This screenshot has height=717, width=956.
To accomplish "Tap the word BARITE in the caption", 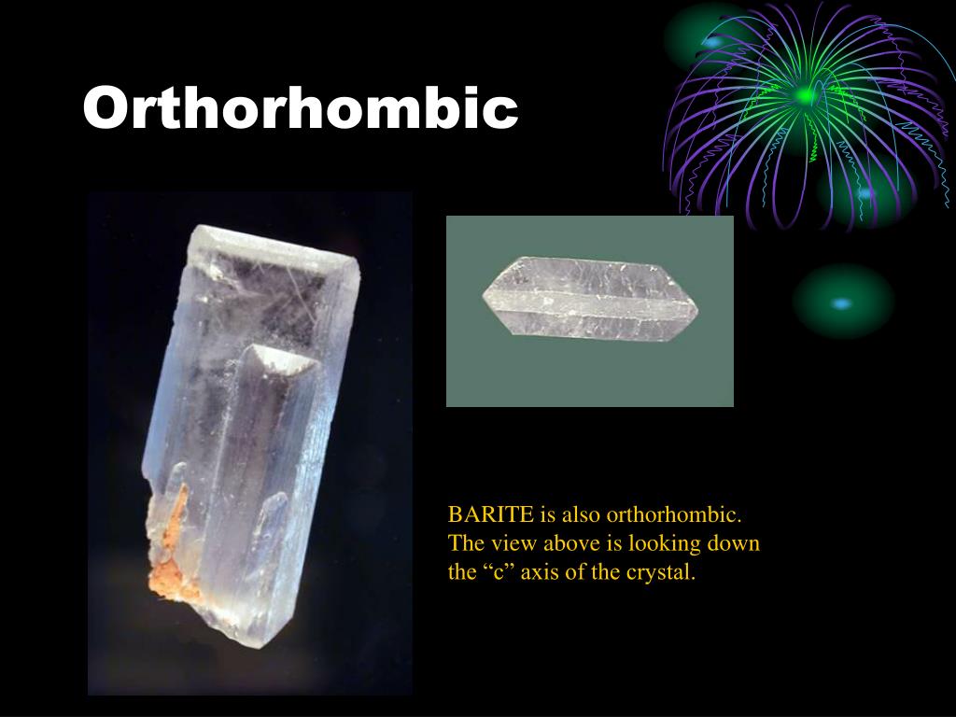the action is [491, 514].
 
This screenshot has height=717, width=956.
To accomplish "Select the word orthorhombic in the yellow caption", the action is [674, 514].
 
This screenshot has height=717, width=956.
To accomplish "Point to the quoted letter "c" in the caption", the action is [500, 572].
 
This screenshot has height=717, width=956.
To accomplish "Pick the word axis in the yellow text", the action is [539, 572].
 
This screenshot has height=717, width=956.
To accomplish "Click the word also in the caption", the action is [580, 514].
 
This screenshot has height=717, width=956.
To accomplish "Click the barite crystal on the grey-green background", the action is [590, 299].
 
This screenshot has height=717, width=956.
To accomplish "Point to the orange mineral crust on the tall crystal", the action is [171, 549].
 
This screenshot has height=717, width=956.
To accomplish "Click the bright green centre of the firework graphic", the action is [807, 96].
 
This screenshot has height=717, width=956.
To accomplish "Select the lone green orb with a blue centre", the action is [843, 302].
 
